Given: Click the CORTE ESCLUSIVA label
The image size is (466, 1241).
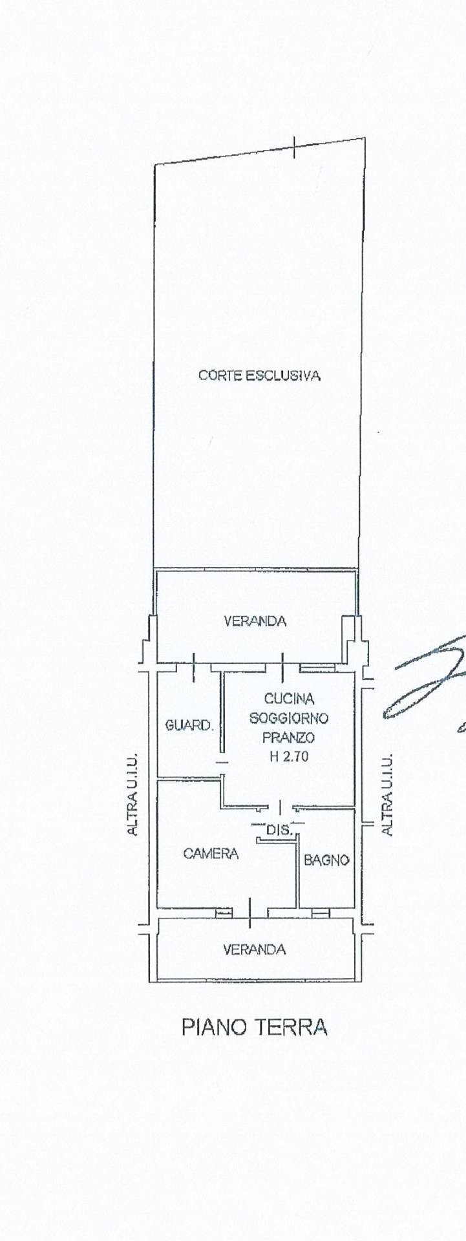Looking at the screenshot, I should pyautogui.click(x=259, y=375).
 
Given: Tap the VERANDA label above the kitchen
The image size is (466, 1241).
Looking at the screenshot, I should pyautogui.click(x=255, y=621).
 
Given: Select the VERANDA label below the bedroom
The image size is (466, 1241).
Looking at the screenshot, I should pyautogui.click(x=254, y=949).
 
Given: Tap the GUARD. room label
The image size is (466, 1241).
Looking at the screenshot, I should pyautogui.click(x=189, y=725).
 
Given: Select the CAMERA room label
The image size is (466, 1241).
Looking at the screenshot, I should pyautogui.click(x=211, y=853).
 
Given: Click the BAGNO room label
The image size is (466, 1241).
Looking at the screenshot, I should pyautogui.click(x=326, y=860).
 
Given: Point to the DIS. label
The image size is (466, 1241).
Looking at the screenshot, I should pyautogui.click(x=276, y=827).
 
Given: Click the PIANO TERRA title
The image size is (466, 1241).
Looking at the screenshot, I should pyautogui.click(x=254, y=1027).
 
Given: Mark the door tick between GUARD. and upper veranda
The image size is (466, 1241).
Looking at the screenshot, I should pyautogui.click(x=194, y=666).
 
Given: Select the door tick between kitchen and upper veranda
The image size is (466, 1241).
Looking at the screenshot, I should pyautogui.click(x=282, y=666).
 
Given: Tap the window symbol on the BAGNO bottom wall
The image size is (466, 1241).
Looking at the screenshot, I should pyautogui.click(x=320, y=912).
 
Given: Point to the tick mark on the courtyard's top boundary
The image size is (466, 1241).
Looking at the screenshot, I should pyautogui.click(x=294, y=147).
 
